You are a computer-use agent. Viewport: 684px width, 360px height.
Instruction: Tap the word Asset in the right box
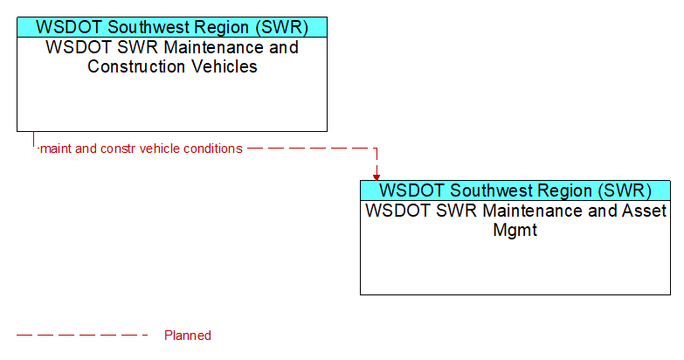pos(645,211)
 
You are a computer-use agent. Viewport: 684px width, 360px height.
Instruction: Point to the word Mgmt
pos(515,230)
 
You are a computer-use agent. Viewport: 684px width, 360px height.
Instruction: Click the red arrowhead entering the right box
pos(377,177)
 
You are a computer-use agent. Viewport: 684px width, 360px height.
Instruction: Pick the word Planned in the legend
pos(188,336)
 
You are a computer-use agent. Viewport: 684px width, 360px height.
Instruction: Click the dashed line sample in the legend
pos(82,336)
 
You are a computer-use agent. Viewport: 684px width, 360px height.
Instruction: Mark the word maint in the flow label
pos(55,149)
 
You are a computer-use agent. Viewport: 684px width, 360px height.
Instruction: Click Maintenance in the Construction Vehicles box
pos(214,47)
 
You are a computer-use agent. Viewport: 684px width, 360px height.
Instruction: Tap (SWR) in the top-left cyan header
pos(282,27)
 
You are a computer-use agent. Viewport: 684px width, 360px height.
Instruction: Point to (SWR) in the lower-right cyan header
pos(625,190)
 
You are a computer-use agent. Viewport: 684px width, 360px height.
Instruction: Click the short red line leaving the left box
pos(33,139)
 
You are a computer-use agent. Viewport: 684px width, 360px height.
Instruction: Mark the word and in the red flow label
pos(86,149)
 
